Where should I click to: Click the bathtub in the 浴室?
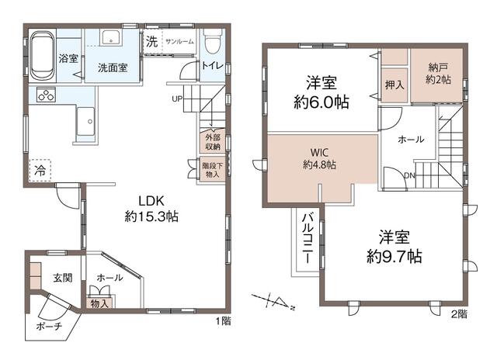42,56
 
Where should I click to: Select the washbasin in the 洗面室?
110,38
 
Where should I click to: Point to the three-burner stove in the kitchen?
46,95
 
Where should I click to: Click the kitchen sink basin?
85,122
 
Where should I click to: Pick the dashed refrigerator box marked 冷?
40,170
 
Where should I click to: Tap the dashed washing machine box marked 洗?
152,41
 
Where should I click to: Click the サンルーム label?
179,42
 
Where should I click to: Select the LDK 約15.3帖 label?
151,209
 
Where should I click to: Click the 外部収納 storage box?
212,141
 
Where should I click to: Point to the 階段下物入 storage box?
212,170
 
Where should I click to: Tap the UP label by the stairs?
177,99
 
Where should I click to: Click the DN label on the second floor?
409,175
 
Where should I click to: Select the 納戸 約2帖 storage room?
437,76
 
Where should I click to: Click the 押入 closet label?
394,85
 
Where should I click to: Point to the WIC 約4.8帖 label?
319,158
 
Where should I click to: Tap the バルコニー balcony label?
307,238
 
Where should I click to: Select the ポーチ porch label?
49,326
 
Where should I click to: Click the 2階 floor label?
459,313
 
